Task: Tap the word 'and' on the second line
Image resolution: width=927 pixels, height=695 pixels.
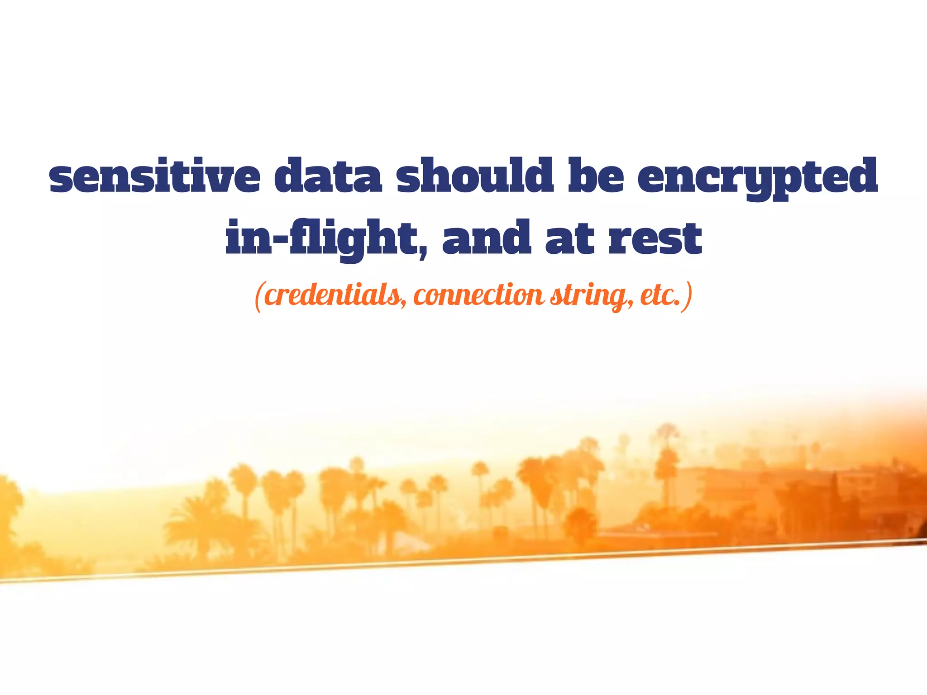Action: coord(486,238)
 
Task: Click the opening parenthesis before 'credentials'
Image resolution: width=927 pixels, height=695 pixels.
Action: coord(258,297)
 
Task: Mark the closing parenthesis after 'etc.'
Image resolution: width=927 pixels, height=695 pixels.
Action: coord(688,297)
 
